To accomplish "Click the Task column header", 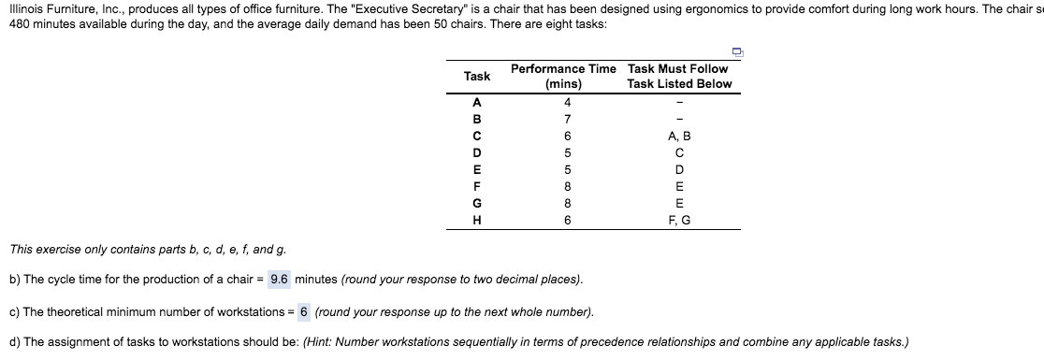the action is coord(477,76).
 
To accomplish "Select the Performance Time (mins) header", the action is coord(563,76).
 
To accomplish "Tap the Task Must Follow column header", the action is coord(679,76).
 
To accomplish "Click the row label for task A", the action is coord(477,102).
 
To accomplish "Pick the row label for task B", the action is coord(477,120).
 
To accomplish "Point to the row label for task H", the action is coord(477,221).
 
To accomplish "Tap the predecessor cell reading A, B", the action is coord(679,137).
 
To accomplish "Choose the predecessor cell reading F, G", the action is coord(679,221).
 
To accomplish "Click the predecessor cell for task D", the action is coord(679,153).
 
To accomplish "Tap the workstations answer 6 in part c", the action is coord(304,311).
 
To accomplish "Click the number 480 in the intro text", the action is coord(20,22).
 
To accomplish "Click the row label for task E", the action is coord(477,170).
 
